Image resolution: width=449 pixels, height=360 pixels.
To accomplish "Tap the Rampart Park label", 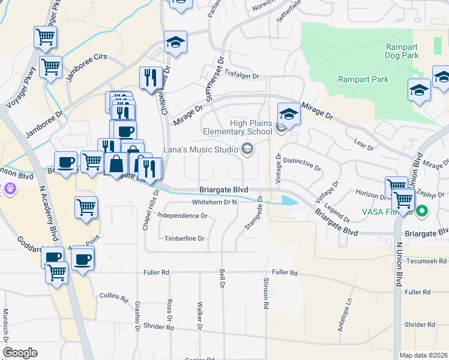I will click(363, 79).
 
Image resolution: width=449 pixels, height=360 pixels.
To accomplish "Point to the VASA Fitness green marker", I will click(421, 211).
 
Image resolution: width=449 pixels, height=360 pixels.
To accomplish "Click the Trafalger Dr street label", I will click(239, 76).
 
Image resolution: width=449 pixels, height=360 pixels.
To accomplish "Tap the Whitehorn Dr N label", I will click(215, 202).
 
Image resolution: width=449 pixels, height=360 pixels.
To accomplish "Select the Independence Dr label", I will click(182, 215).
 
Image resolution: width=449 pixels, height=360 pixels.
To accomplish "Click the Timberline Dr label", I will click(185, 238).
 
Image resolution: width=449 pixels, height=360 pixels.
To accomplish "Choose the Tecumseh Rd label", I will click(426, 262).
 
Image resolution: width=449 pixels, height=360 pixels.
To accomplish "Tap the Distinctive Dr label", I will click(303, 161).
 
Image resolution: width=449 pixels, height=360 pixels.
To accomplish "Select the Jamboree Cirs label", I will click(86, 56).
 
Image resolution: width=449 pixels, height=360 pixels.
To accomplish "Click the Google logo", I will click(20, 353).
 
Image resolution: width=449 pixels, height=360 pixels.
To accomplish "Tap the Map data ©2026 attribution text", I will click(424, 355).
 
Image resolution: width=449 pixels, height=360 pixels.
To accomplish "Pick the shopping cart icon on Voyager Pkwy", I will click(45, 37).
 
